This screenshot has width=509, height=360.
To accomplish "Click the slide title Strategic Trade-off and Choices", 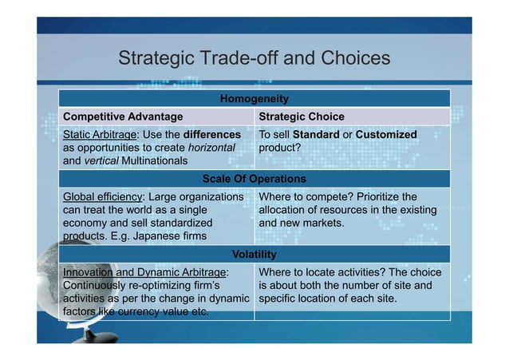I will tap(254, 60).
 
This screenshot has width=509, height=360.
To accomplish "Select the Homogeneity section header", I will tap(254, 99).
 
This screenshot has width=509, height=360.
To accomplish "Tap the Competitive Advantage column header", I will tap(117, 117).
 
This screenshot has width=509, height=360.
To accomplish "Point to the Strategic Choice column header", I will tap(302, 117).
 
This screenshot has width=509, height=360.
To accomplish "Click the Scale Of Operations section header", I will tap(254, 178).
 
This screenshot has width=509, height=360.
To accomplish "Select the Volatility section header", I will tap(254, 255).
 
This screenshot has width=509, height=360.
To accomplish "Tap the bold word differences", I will tap(211, 135).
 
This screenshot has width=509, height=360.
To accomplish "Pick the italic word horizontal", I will tap(211, 148).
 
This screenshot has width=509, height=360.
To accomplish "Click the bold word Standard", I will tap(316, 135).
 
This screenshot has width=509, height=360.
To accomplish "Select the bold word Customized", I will tap(386, 135).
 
